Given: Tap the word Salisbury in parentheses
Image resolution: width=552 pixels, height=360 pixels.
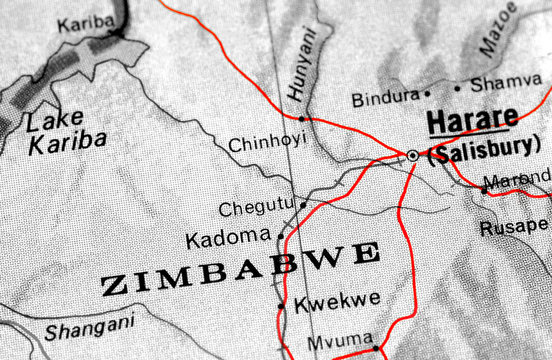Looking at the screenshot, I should tap(484, 152).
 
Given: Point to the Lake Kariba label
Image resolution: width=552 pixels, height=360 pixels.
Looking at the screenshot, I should tap(65, 131).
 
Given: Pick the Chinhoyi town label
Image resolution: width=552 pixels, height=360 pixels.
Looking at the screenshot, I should tap(267, 144).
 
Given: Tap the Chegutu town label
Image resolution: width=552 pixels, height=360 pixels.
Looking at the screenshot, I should tap(255, 209).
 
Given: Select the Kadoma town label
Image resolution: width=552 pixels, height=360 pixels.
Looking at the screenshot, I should tap(228, 239).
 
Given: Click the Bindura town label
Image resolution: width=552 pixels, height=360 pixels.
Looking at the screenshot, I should tap(384, 99).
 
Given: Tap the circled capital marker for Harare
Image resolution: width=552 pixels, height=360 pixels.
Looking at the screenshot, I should tap(412, 155).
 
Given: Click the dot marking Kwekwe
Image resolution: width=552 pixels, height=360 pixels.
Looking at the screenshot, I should tap(281, 304).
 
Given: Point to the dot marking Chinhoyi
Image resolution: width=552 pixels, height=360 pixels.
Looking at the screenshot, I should tap(302, 118).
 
